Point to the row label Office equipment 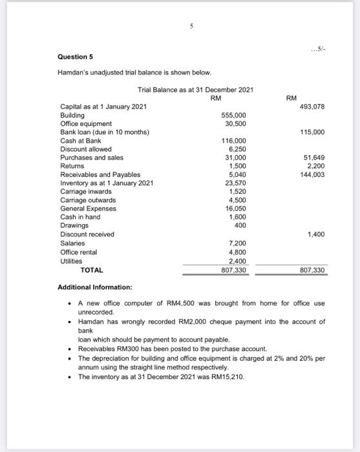tap(86, 123)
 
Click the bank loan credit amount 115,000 tap(311, 132)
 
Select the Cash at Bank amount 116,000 tap(234, 140)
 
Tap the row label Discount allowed tap(85, 149)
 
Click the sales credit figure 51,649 tap(312, 157)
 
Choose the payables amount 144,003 tap(311, 174)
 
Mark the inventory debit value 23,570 tap(236, 183)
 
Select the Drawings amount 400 tap(240, 225)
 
